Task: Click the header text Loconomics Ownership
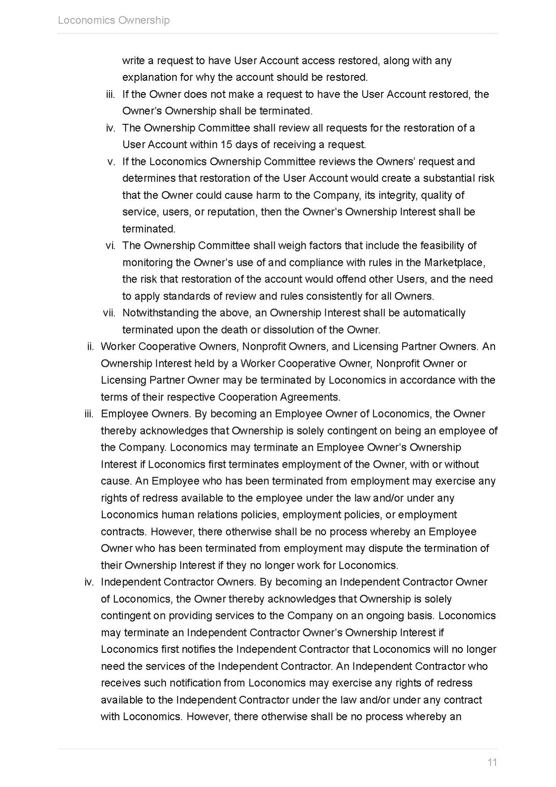tap(114, 20)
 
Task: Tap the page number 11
tap(492, 762)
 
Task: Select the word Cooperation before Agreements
tap(248, 397)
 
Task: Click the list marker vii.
tap(109, 313)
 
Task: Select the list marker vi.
tap(110, 246)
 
